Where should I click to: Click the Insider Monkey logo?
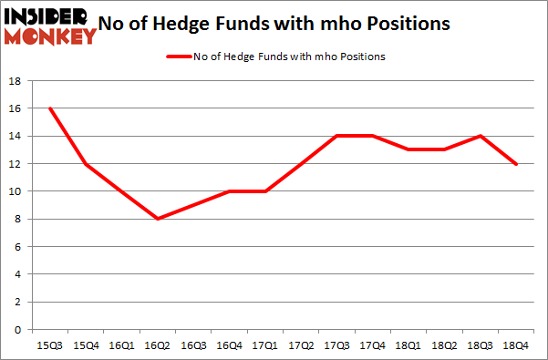tap(51, 25)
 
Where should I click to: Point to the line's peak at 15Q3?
tap(50, 108)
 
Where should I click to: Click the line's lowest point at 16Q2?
tap(158, 219)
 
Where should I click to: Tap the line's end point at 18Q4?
tap(516, 164)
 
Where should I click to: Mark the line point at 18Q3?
tap(480, 136)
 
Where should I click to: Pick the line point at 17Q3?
tap(336, 136)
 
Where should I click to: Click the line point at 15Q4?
tap(86, 164)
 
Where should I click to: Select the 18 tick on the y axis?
tap(16, 81)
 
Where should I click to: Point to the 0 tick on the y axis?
tap(18, 329)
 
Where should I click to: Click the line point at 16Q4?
tap(230, 191)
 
